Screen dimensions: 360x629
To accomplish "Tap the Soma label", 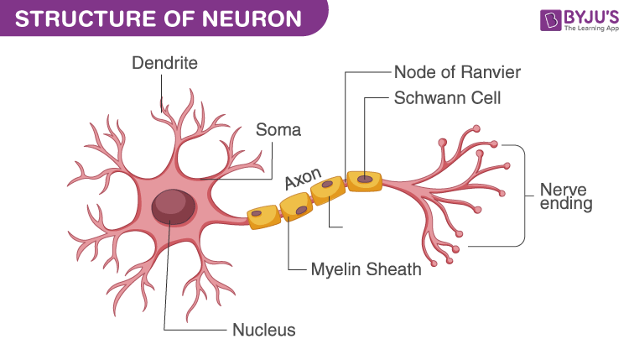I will coord(278,131).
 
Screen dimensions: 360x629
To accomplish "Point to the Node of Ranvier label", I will coord(457,72).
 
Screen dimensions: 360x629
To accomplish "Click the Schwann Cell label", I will coord(447,98).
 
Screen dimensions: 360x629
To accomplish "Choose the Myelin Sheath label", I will coord(366,270).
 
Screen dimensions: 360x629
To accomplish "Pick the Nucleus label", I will coord(263,330).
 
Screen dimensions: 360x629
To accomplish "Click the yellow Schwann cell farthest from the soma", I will coord(365,180).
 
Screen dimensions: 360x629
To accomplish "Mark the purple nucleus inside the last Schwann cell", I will coord(364,179).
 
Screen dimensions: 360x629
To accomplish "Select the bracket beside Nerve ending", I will coord(525,194).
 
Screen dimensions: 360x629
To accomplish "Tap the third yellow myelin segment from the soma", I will coord(328,190).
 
